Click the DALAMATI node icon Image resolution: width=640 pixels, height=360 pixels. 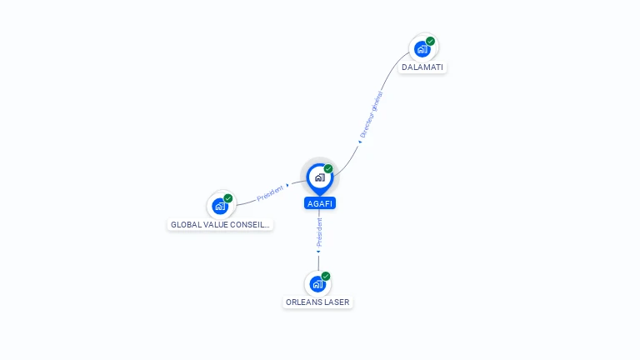tap(422, 49)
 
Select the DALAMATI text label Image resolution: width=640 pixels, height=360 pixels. tap(422, 67)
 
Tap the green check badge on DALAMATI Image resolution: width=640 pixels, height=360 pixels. tap(430, 41)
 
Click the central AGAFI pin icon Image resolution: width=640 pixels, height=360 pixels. tap(319, 177)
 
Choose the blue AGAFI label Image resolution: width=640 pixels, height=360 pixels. tap(320, 203)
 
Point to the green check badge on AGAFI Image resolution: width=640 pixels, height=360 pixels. tap(328, 168)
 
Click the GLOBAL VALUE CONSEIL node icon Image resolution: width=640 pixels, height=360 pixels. tap(220, 206)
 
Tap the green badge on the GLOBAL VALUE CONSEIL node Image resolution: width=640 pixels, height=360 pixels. tap(228, 198)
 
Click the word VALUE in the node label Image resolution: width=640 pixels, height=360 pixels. tap(216, 225)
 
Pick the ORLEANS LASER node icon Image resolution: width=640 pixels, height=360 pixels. tap(317, 283)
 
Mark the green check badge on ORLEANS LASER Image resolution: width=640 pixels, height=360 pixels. tap(326, 276)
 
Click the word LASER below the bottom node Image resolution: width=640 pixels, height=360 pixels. tap(337, 302)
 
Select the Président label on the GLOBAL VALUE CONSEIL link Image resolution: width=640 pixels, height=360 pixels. tap(270, 192)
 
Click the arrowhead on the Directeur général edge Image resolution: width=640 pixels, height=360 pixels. tap(359, 142)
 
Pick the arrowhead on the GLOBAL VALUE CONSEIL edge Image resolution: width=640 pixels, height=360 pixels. tap(288, 185)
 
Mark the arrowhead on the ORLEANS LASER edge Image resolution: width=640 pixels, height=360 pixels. tap(318, 250)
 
